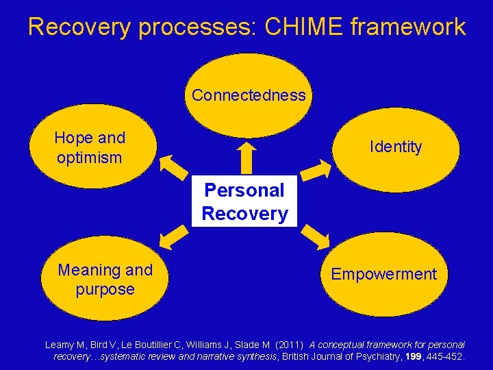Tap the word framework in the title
click(408, 27)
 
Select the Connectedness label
click(249, 95)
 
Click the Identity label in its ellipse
click(396, 147)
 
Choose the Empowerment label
click(383, 274)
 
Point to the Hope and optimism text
click(90, 147)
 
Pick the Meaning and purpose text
click(105, 280)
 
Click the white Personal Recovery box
click(245, 201)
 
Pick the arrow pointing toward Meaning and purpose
click(175, 235)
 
